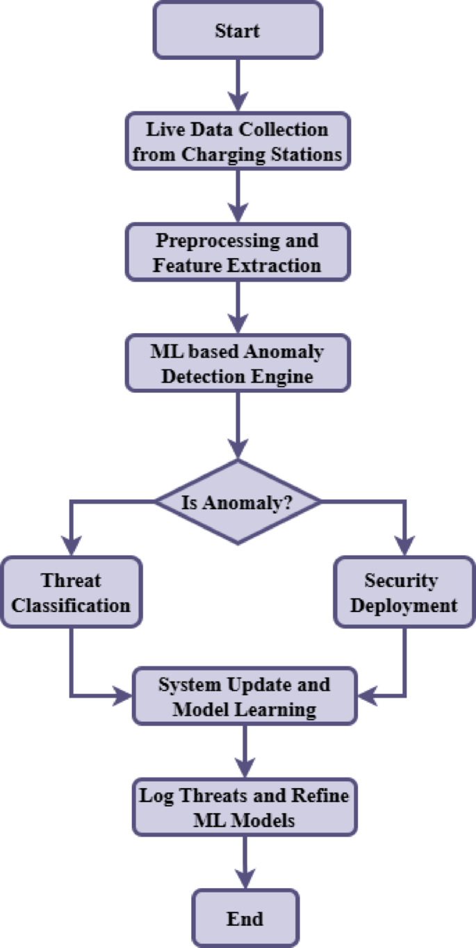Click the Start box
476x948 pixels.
(x=238, y=30)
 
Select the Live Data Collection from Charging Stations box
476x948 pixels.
(x=238, y=142)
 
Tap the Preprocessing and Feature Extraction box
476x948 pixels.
(x=238, y=252)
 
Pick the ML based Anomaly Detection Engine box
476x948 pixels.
(x=238, y=364)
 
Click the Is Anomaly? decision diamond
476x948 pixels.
(x=238, y=501)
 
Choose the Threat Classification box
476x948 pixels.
(x=71, y=593)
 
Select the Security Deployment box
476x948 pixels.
(x=404, y=593)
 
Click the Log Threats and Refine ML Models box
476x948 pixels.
(x=245, y=808)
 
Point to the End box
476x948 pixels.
(x=245, y=919)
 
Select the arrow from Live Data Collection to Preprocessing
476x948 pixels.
(x=238, y=196)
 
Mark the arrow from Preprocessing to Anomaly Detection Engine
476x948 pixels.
(x=238, y=307)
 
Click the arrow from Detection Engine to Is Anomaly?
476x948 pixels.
(x=238, y=424)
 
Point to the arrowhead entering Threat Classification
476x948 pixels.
(x=71, y=547)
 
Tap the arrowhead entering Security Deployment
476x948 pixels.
(x=404, y=547)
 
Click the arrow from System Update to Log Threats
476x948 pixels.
(x=245, y=751)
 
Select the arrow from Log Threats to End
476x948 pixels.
(x=245, y=862)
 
